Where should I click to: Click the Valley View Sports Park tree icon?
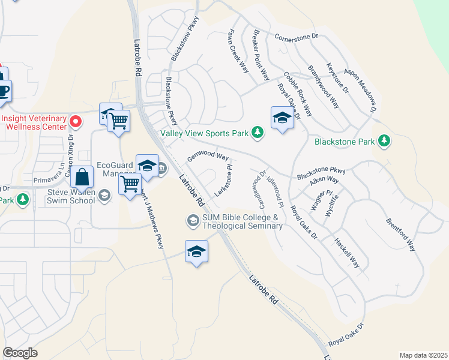tap(258, 132)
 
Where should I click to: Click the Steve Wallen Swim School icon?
tap(104, 194)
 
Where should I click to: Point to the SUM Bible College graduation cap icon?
tap(193, 221)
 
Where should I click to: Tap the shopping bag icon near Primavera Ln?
tap(82, 178)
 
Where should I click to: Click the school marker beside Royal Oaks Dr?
tap(282, 118)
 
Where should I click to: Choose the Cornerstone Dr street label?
tap(297, 37)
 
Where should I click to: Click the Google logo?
tap(20, 353)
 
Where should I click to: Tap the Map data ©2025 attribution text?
tap(423, 355)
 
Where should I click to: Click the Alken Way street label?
tap(325, 180)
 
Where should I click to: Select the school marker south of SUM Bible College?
tap(196, 252)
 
